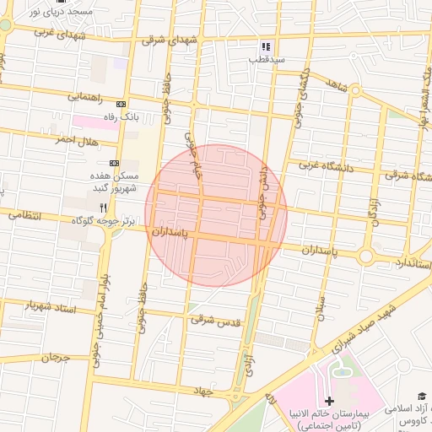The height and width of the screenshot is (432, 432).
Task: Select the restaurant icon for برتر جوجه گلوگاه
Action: pyautogui.click(x=103, y=207)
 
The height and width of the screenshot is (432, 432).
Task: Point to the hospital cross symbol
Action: pyautogui.click(x=330, y=400)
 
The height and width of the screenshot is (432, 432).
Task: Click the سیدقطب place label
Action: pyautogui.click(x=267, y=61)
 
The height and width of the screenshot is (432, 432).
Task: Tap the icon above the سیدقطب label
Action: pyautogui.click(x=266, y=47)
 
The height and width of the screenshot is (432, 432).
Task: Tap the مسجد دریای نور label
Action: pyautogui.click(x=60, y=13)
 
